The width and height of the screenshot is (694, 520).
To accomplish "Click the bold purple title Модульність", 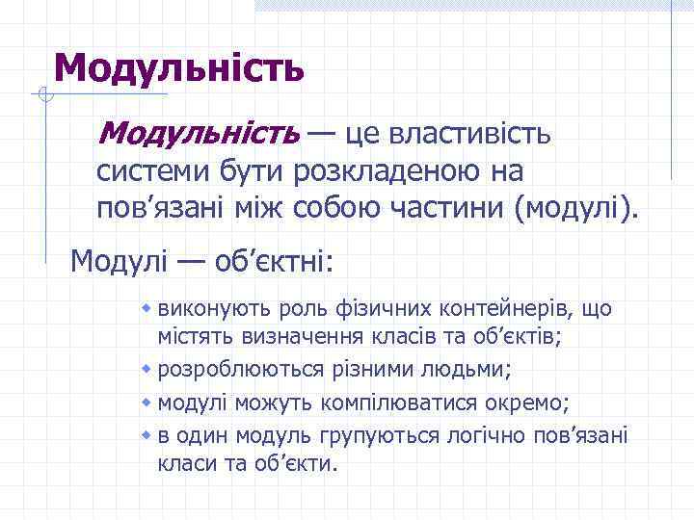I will click(179, 67).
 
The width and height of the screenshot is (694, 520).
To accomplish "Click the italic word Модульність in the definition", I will click(199, 133).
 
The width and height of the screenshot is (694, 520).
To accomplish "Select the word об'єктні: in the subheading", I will click(279, 261).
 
